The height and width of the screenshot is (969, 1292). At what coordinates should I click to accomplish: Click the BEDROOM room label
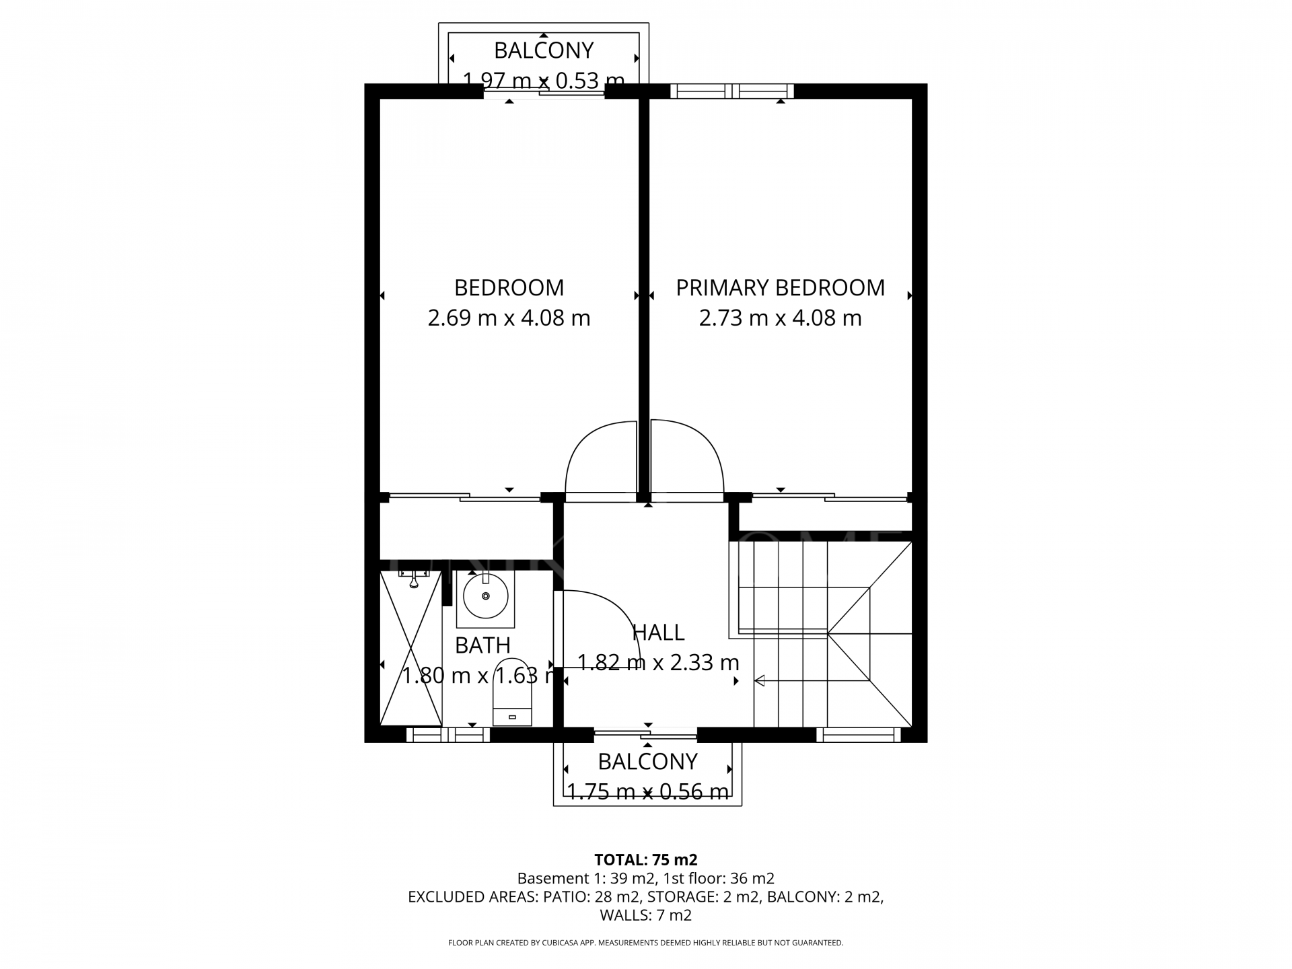point(509,287)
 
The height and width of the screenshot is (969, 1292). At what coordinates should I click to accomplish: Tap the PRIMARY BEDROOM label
point(780,287)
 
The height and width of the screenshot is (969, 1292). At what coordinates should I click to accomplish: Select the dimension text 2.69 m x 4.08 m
point(509,318)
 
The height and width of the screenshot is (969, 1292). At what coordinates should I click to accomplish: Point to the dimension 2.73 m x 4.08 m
point(780,318)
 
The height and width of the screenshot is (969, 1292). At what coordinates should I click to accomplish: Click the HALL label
point(658,633)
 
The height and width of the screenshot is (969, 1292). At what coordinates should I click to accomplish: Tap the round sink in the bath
point(485,596)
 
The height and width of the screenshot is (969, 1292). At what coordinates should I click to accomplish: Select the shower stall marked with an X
point(410,647)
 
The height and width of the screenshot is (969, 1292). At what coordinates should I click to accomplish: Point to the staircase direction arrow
point(760,681)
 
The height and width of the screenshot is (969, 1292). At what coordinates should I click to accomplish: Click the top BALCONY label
point(544,50)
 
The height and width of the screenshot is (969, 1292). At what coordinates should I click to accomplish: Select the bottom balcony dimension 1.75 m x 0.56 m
point(647,792)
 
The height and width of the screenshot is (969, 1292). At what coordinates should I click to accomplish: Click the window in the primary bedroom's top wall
point(732,91)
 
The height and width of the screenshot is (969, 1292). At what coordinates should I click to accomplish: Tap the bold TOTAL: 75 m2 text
point(645,859)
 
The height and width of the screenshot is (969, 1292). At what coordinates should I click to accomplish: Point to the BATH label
point(482,645)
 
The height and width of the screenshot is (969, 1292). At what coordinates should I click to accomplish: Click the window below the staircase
point(858,735)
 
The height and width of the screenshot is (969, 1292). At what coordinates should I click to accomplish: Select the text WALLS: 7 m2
point(645,915)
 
